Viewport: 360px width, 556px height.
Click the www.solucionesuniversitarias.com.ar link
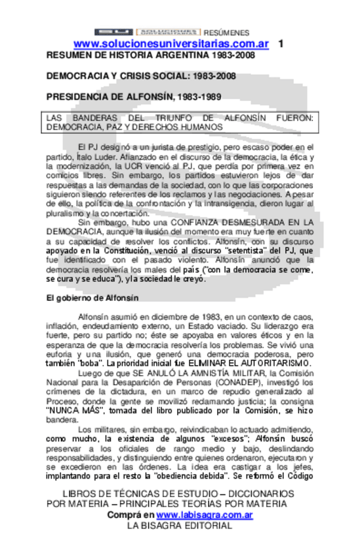point(171,43)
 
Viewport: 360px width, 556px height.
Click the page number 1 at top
point(281,43)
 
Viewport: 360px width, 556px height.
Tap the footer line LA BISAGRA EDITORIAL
point(179,526)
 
